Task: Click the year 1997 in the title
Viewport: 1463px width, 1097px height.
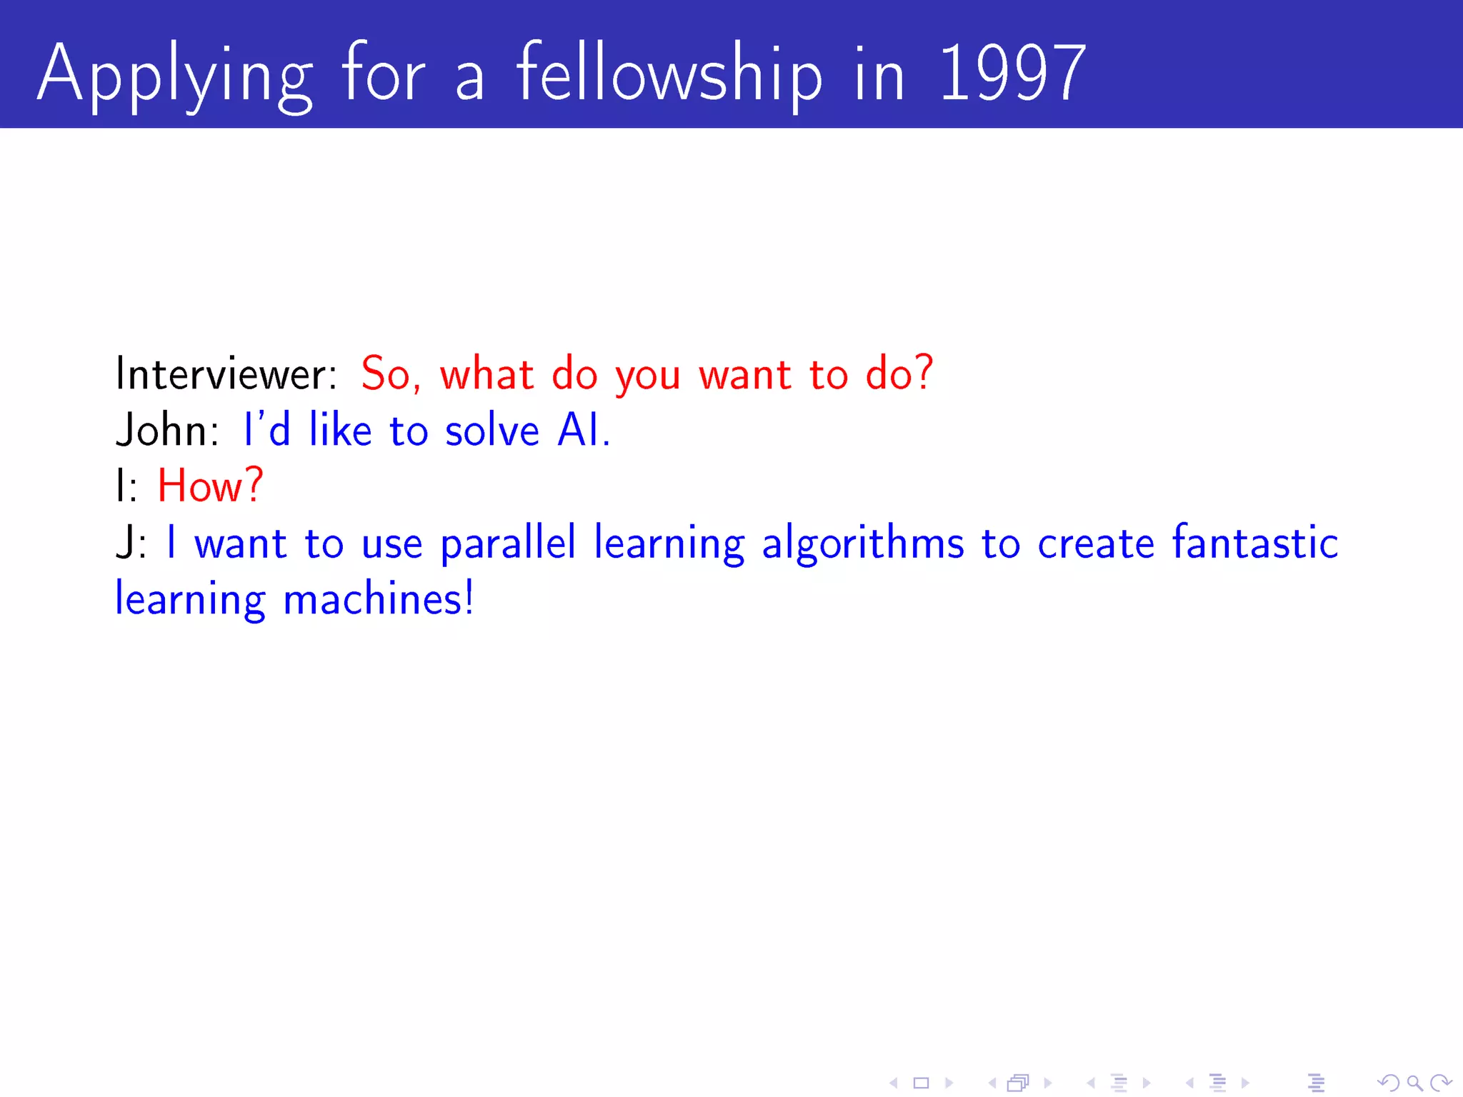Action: click(x=1012, y=73)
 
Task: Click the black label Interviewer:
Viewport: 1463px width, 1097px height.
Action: click(x=226, y=374)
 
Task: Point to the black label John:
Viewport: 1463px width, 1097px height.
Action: click(x=167, y=431)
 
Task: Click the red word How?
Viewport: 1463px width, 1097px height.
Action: click(x=210, y=486)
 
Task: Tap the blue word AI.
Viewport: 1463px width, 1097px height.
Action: click(x=583, y=431)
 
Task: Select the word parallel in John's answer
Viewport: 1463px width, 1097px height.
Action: click(x=507, y=544)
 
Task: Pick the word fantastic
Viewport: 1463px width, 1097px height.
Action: click(x=1255, y=543)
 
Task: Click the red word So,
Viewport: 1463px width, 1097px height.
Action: click(x=391, y=374)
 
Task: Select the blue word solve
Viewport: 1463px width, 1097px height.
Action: click(x=491, y=431)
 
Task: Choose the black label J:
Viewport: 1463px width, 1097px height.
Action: click(x=131, y=544)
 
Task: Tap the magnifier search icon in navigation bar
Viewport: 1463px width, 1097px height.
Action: click(x=1414, y=1083)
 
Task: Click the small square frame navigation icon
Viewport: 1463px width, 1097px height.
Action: click(x=922, y=1083)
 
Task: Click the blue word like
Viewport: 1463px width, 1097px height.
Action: click(x=340, y=431)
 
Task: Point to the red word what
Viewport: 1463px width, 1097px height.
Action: click(x=486, y=374)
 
